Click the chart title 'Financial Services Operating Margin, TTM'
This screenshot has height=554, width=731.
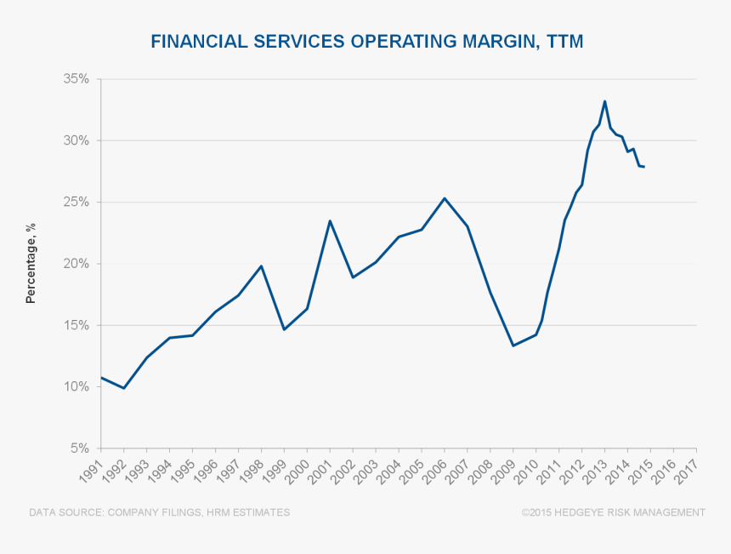tap(366, 41)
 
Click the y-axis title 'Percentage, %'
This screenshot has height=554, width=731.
tap(31, 264)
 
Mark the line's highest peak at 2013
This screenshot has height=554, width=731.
tap(604, 101)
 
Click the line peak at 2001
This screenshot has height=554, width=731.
tap(330, 221)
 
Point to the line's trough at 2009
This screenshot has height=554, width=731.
tap(513, 346)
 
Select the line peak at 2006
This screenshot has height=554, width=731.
tap(445, 198)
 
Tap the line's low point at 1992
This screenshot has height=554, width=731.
tap(124, 388)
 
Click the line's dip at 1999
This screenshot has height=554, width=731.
tap(284, 329)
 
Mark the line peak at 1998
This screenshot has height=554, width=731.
tap(261, 266)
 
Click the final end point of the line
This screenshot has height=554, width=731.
tap(644, 167)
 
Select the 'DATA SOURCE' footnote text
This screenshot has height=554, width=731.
tap(159, 512)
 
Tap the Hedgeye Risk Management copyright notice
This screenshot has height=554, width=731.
tap(614, 512)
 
